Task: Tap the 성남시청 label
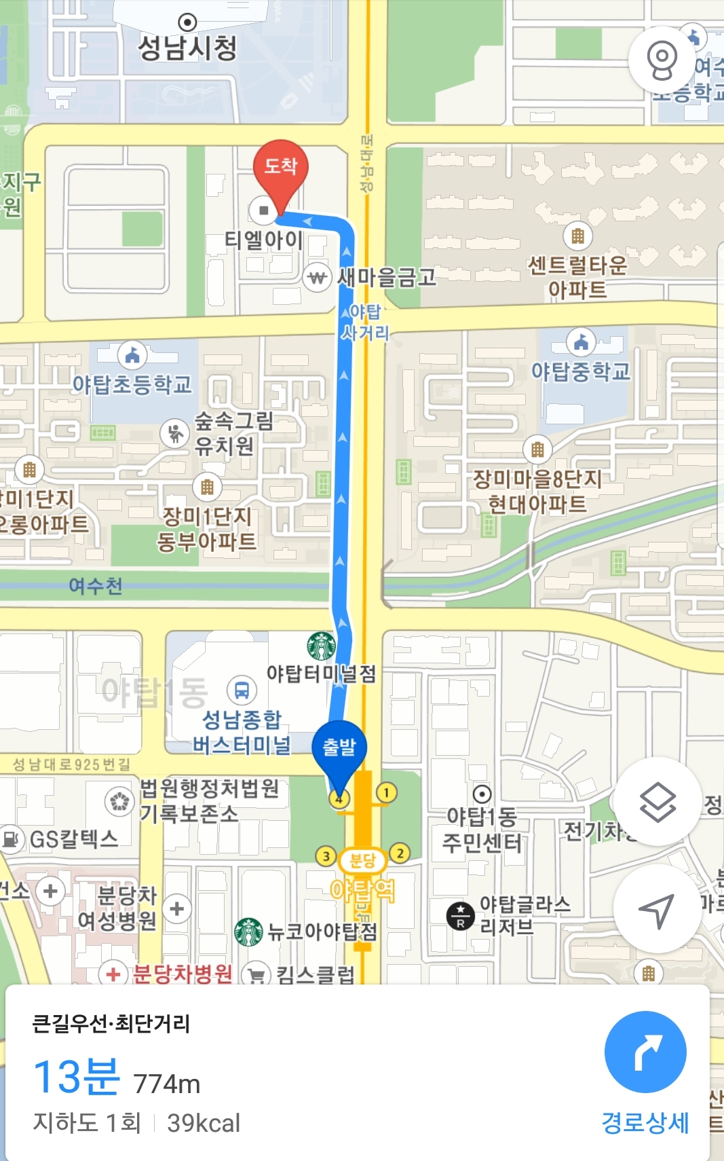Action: (187, 47)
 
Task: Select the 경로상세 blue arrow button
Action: (645, 1052)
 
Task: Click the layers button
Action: (657, 802)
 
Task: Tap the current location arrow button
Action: (657, 909)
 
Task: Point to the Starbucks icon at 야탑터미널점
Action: (321, 646)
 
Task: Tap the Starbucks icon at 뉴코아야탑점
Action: (248, 932)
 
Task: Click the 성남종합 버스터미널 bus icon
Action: (242, 690)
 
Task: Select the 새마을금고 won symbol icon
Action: (317, 278)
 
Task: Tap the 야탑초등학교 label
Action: (132, 385)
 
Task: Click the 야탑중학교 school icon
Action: (581, 342)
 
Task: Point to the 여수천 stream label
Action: (96, 586)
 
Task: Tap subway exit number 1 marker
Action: (386, 792)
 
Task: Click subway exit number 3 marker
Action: (326, 856)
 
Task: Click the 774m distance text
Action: (167, 1084)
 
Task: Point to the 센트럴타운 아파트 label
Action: (577, 277)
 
